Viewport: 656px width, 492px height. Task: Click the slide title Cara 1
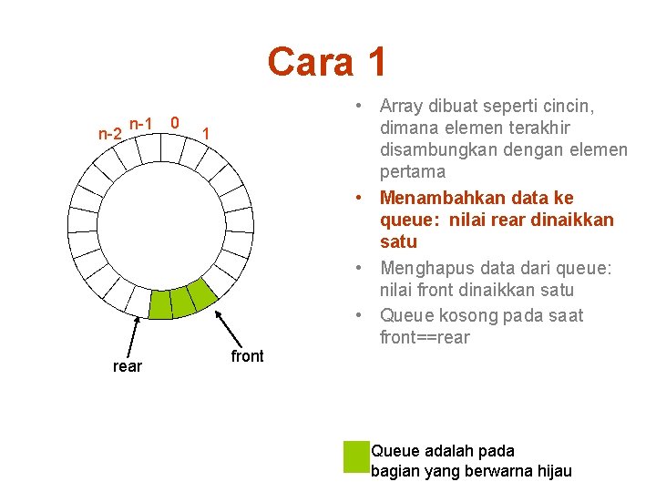[327, 62]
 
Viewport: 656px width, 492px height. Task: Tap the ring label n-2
[110, 134]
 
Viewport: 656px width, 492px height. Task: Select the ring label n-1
[140, 123]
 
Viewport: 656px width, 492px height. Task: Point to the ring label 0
[175, 122]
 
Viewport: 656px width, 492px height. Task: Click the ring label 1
[207, 134]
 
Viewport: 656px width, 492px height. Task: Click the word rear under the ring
[127, 366]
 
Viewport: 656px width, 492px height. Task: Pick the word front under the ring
[247, 356]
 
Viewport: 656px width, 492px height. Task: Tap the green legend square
[355, 456]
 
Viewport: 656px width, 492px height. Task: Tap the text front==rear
[425, 337]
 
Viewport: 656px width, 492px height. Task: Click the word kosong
[472, 315]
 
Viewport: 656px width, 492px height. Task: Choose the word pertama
[413, 171]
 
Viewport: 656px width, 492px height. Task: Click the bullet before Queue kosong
[361, 315]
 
